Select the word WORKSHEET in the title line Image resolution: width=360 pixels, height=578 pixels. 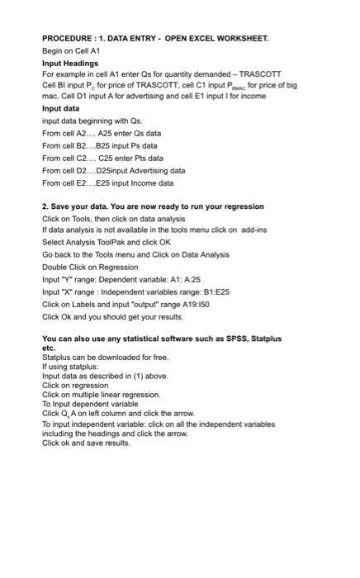pyautogui.click(x=239, y=39)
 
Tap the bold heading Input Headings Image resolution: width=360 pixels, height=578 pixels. pyautogui.click(x=70, y=63)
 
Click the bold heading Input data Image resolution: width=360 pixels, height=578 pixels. pyautogui.click(x=61, y=108)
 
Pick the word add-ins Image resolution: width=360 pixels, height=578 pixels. pyautogui.click(x=253, y=230)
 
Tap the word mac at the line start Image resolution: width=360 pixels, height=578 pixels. pyautogui.click(x=50, y=97)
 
